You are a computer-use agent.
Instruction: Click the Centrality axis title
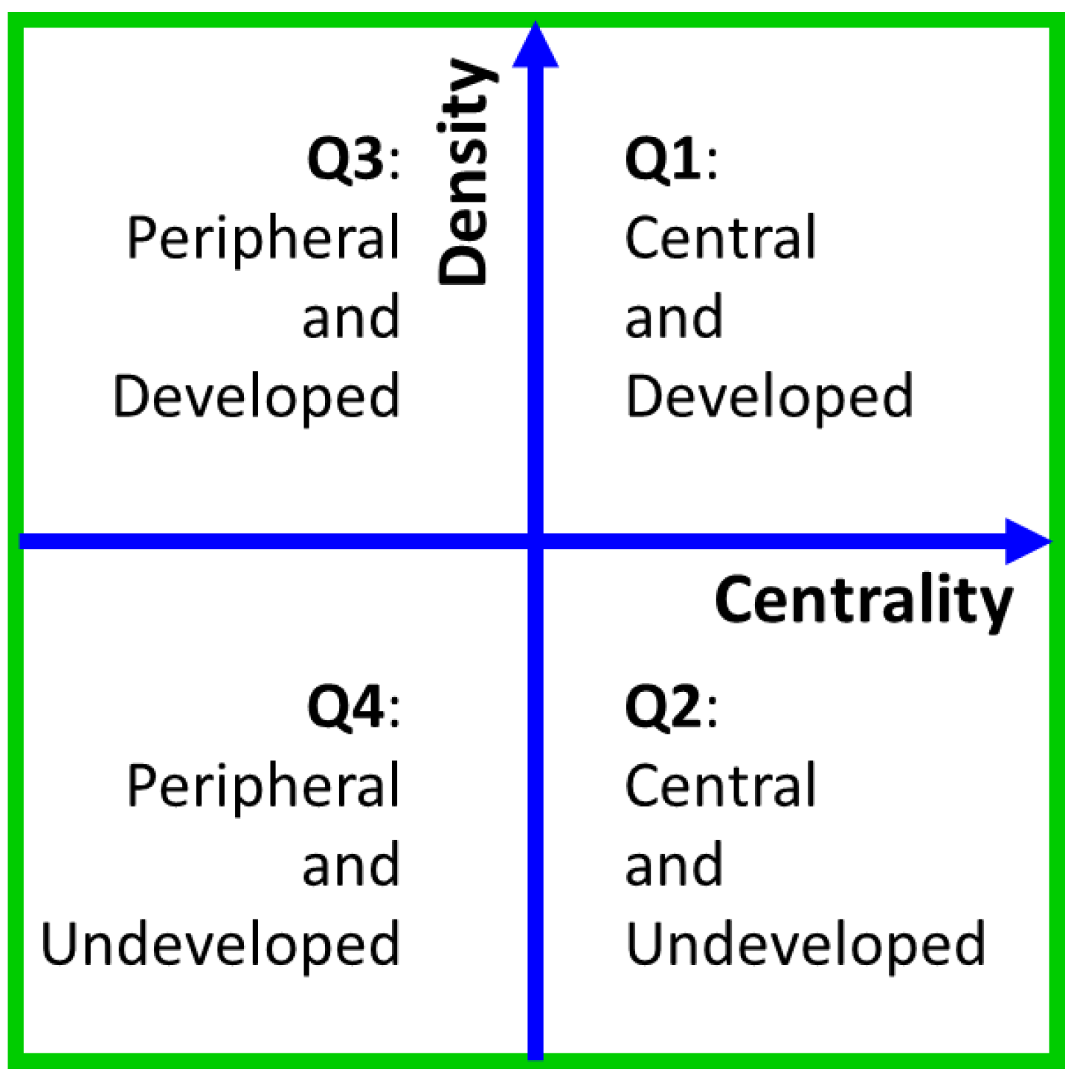pos(863,600)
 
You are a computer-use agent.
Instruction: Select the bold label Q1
pos(663,158)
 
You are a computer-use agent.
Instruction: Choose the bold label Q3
pos(346,158)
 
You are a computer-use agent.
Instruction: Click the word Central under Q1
pos(720,237)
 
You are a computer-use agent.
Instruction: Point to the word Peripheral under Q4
pos(263,787)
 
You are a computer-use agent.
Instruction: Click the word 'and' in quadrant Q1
pos(674,316)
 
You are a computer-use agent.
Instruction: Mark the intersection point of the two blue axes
pos(536,541)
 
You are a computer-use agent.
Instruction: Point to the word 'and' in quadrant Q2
pos(674,865)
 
